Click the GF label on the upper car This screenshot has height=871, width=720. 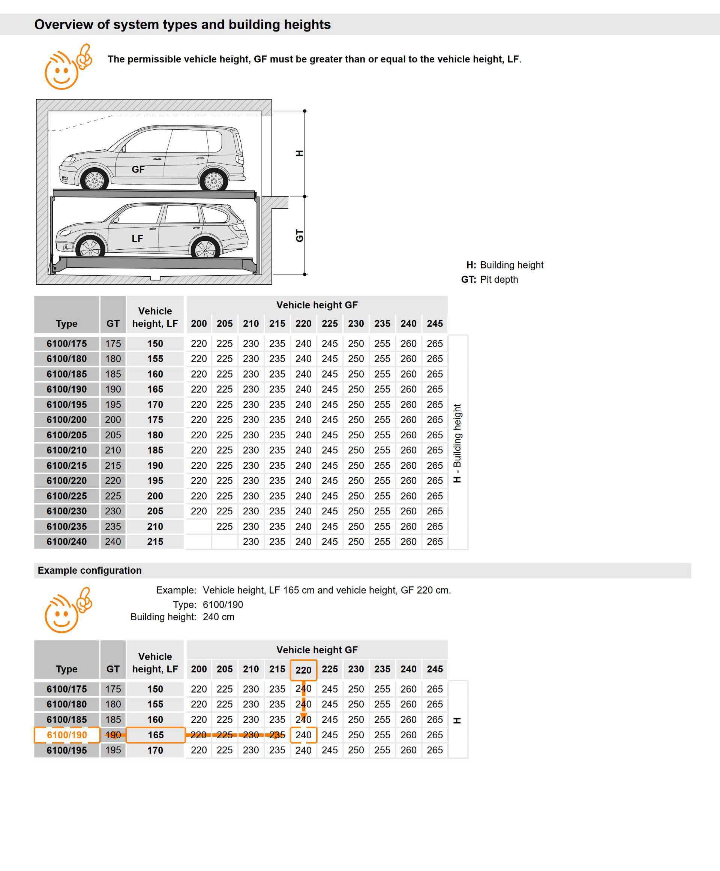(x=138, y=169)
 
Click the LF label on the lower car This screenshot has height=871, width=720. (x=137, y=238)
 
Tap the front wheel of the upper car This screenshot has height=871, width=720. (x=94, y=180)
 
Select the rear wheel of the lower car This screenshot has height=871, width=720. (x=205, y=249)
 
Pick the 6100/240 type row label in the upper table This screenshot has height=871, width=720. (x=67, y=542)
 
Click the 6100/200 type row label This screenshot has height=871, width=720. (x=67, y=420)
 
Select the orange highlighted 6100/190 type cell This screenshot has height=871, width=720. (x=67, y=735)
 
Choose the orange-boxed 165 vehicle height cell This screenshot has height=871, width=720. (x=156, y=735)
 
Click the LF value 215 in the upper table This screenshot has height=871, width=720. (x=155, y=542)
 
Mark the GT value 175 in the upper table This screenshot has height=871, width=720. (x=113, y=344)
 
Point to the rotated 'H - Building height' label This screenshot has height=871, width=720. (x=457, y=443)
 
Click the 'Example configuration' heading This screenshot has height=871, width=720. (x=90, y=570)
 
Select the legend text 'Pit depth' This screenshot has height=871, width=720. (x=499, y=280)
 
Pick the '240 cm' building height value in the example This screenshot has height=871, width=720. (x=219, y=617)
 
